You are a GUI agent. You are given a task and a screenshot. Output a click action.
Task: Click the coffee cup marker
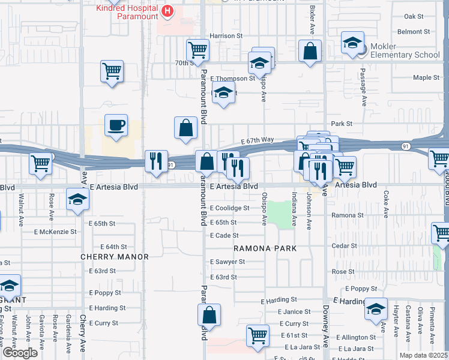[116, 125]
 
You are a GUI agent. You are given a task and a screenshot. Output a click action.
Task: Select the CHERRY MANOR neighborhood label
[115, 257]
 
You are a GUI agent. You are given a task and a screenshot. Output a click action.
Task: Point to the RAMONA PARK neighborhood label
[262, 248]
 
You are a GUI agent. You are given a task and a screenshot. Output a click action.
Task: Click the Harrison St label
[226, 36]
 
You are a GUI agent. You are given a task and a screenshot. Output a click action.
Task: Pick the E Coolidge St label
[229, 208]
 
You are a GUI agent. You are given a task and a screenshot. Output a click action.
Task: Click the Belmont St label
[418, 31]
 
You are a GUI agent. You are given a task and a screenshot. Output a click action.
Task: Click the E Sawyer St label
[228, 262]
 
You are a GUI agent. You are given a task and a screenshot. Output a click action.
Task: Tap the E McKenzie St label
[55, 231]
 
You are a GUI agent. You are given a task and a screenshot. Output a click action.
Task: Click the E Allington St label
[355, 338]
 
